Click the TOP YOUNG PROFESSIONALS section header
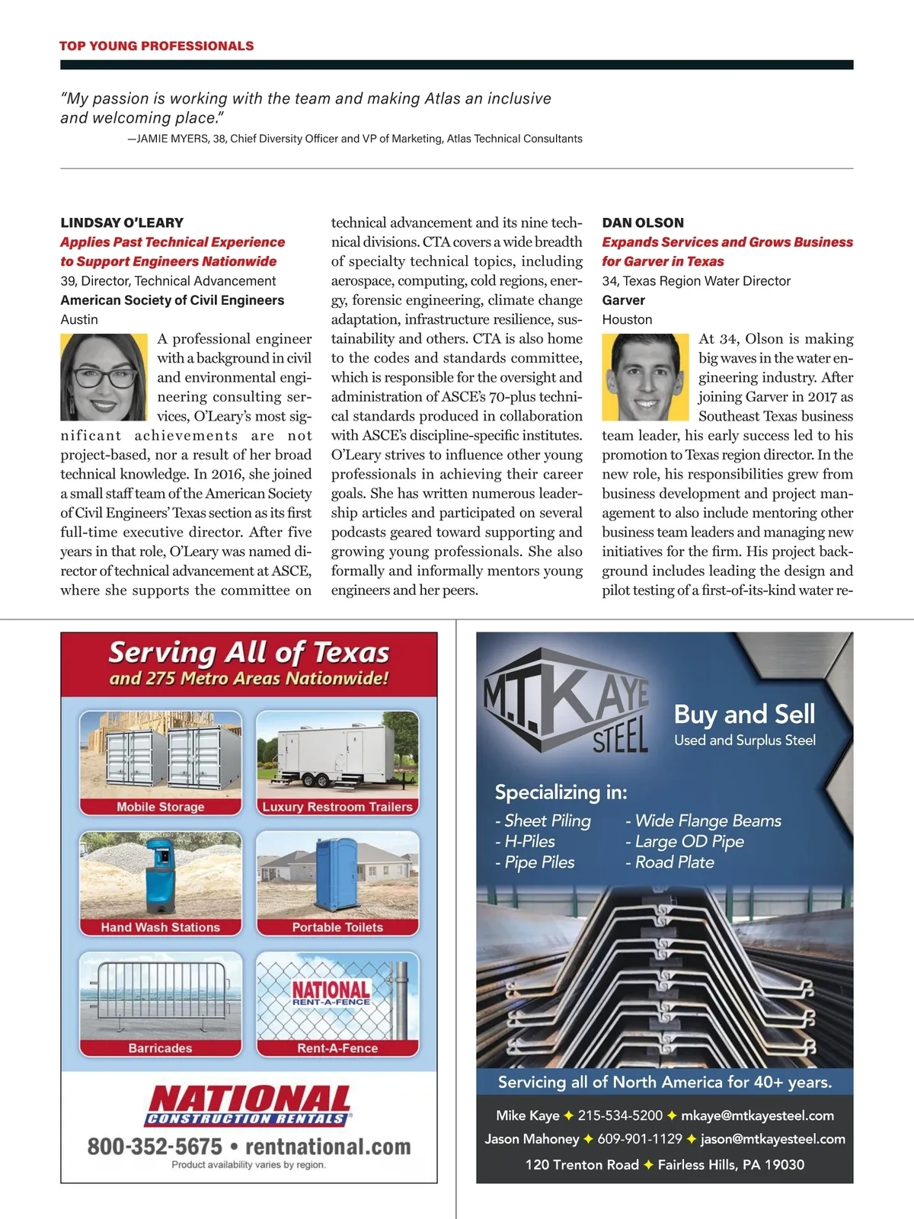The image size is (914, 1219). click(x=156, y=46)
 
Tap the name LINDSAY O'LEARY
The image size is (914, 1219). click(x=122, y=222)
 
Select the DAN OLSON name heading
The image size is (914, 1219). click(x=643, y=222)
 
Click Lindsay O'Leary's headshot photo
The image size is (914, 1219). click(x=104, y=376)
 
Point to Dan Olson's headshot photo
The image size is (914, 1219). click(x=645, y=376)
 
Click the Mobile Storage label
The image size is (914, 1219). click(x=160, y=807)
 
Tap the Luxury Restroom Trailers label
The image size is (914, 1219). click(x=337, y=807)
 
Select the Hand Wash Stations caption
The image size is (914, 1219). click(x=160, y=927)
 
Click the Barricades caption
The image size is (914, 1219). click(x=160, y=1048)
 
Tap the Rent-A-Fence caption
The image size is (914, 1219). click(x=337, y=1048)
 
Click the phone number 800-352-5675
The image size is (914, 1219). click(x=155, y=1147)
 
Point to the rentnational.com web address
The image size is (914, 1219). click(x=328, y=1147)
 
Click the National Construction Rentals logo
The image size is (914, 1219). click(x=248, y=1105)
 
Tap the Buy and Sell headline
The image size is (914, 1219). click(x=744, y=714)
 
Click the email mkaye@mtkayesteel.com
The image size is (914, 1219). click(x=757, y=1115)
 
